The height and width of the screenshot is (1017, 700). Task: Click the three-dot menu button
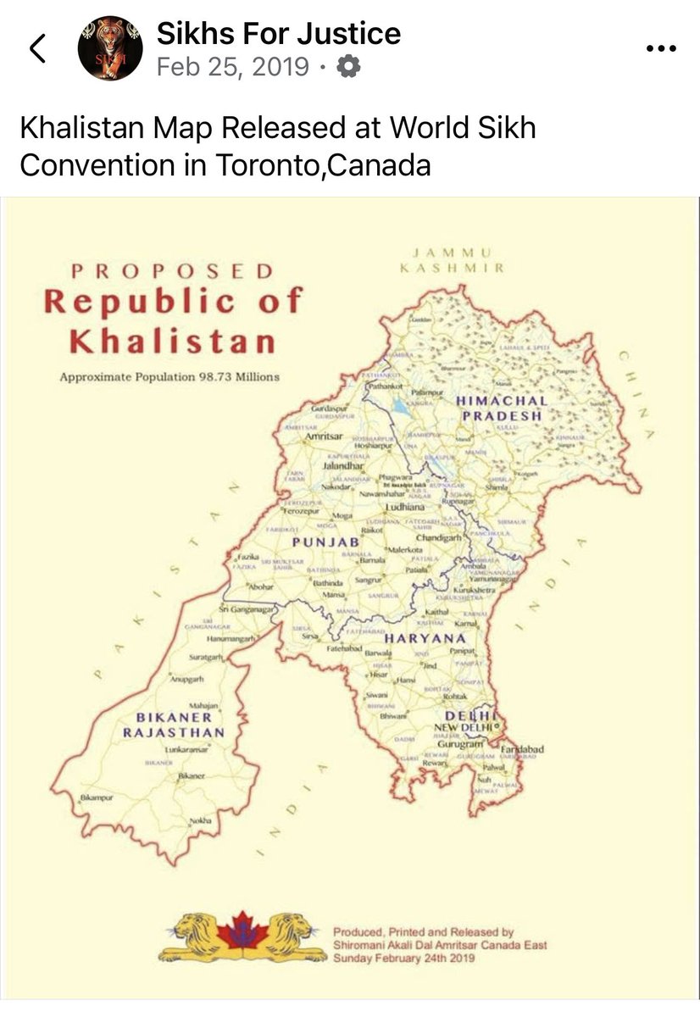tap(661, 49)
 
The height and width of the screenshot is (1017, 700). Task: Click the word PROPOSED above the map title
tap(172, 272)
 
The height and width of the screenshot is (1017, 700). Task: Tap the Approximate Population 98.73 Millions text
tap(169, 376)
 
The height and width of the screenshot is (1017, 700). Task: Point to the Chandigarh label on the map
tap(438, 538)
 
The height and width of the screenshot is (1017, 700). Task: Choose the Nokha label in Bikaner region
tap(201, 821)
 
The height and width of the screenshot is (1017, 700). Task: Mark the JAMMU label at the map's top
tap(453, 252)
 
